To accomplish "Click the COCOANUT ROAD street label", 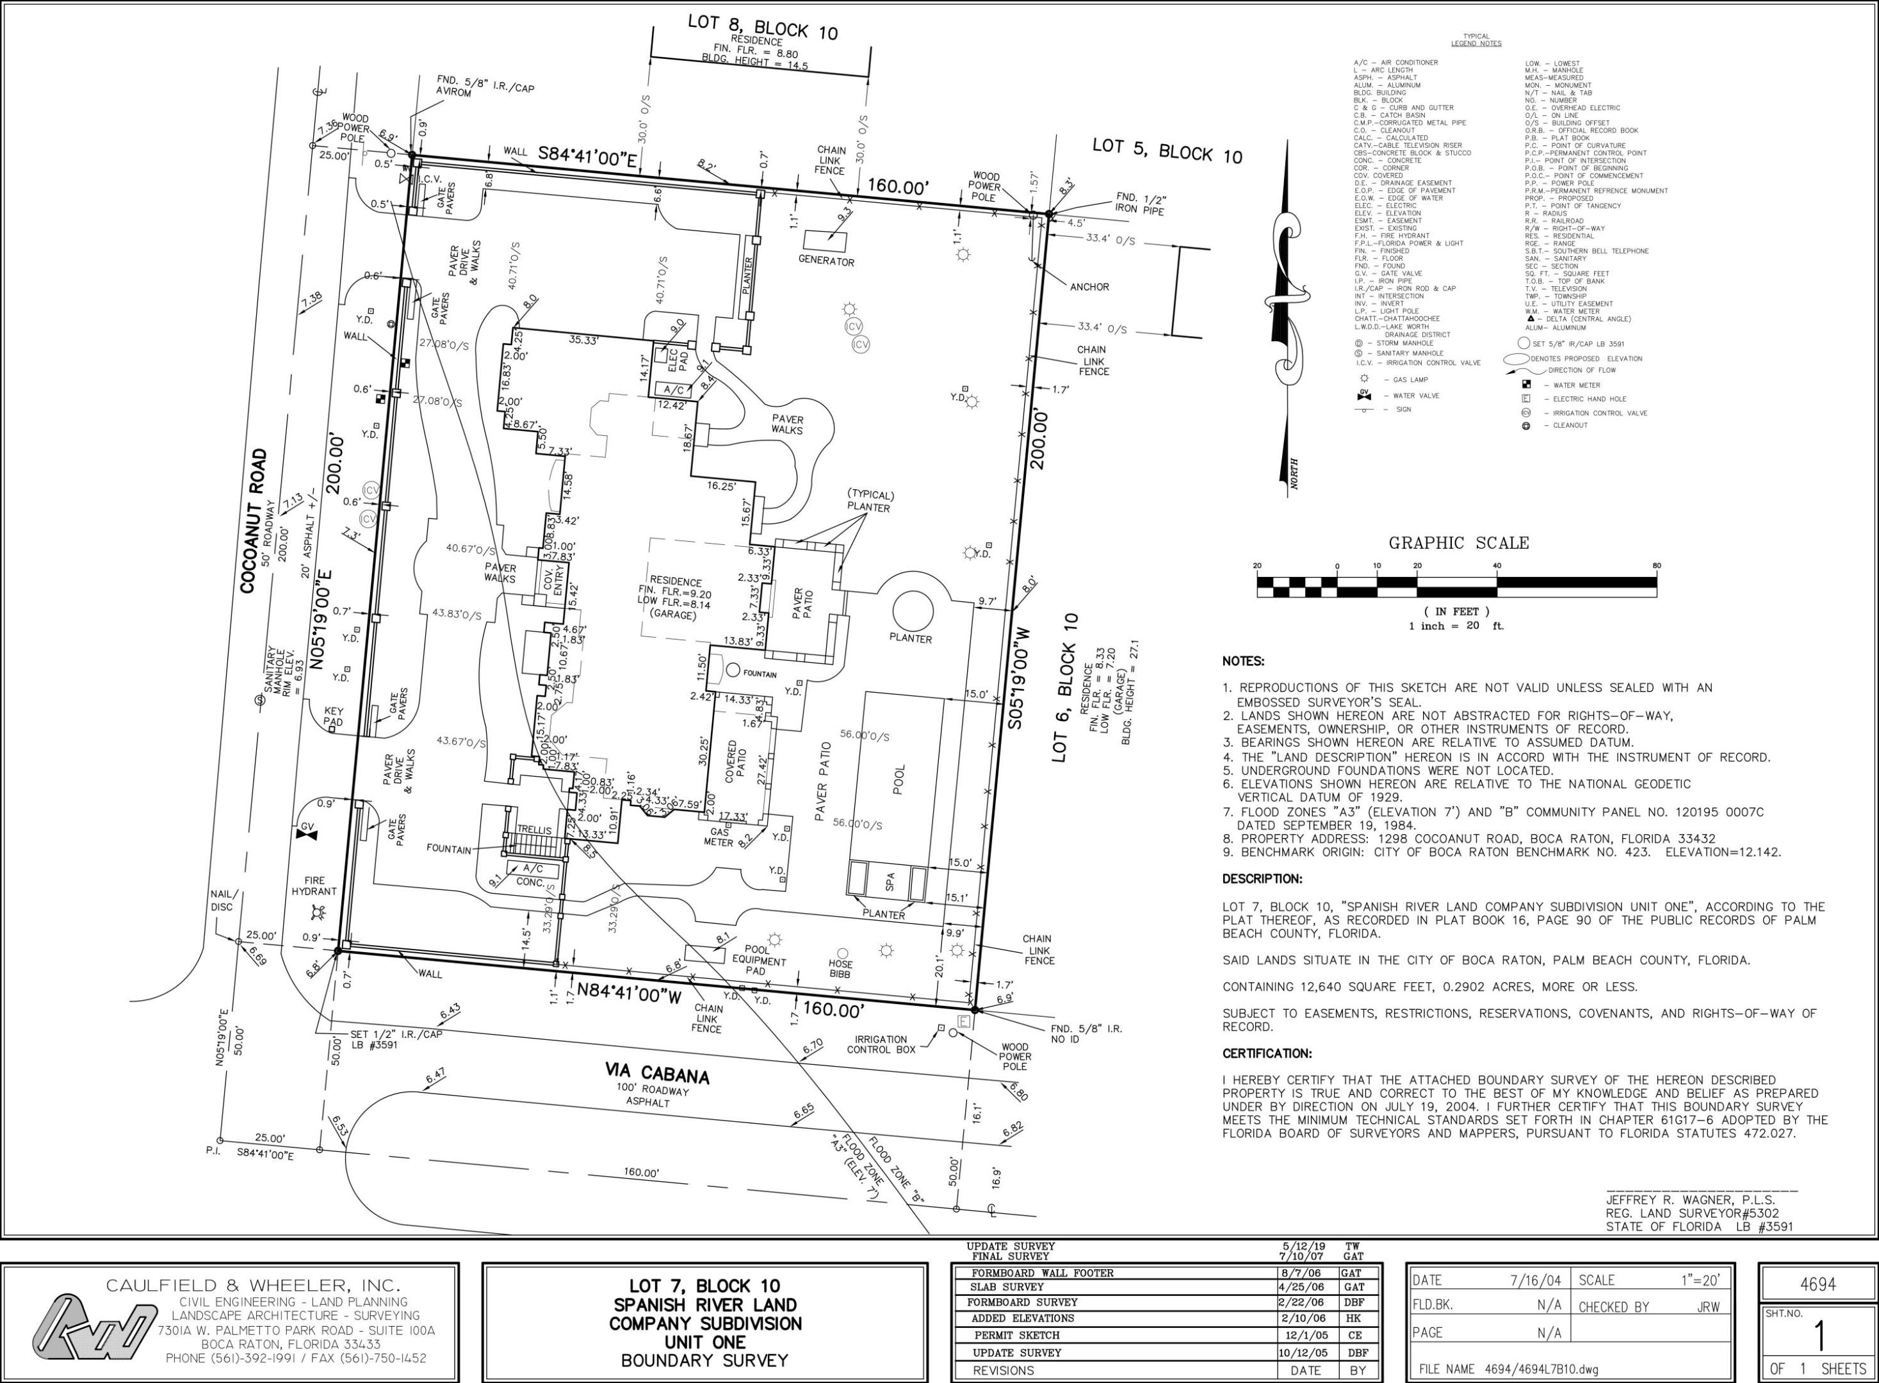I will pyautogui.click(x=253, y=521).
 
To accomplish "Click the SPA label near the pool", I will pyautogui.click(x=890, y=880).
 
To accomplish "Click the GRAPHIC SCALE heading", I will pyautogui.click(x=1459, y=542).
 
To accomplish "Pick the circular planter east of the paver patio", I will pyautogui.click(x=912, y=611).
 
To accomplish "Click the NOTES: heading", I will pyautogui.click(x=1244, y=661).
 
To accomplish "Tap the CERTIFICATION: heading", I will pyautogui.click(x=1267, y=1053).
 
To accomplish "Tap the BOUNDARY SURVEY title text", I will pyautogui.click(x=704, y=1361).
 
